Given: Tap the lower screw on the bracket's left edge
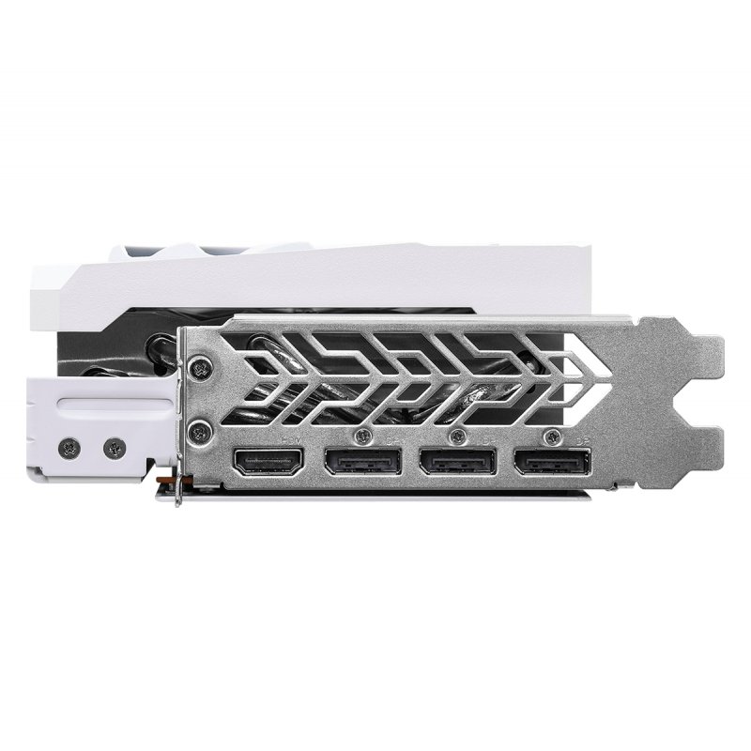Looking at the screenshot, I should [197, 432].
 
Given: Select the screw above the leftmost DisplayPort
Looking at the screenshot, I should [362, 435].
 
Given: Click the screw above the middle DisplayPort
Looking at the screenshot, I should [457, 435].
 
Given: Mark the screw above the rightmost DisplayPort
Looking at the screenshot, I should [552, 435].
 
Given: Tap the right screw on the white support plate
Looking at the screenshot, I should [115, 448].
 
